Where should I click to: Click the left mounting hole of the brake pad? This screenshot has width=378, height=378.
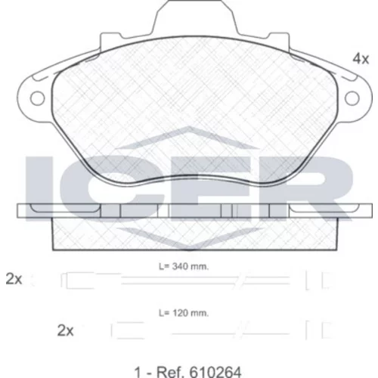[37, 98]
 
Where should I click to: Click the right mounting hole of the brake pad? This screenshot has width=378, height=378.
[352, 98]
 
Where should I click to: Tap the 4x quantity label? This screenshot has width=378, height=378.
[361, 59]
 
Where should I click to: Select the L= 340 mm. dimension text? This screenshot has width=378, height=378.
[184, 266]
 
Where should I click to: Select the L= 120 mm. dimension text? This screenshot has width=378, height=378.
[184, 313]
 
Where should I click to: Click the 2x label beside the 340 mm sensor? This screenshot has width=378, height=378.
[14, 279]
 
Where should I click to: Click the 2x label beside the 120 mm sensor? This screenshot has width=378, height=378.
[65, 330]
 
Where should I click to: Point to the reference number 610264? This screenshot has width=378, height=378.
[215, 372]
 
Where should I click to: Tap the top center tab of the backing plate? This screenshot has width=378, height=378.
[196, 17]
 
